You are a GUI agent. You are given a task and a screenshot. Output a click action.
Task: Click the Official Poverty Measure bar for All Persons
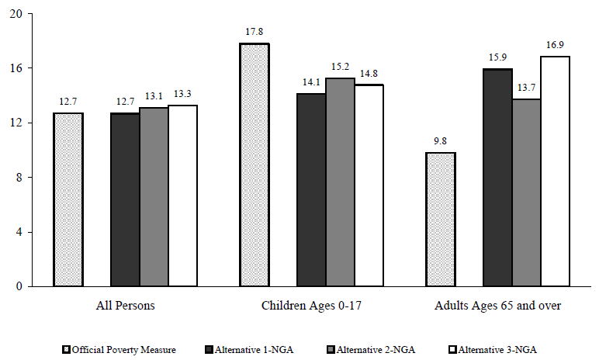pyautogui.click(x=68, y=199)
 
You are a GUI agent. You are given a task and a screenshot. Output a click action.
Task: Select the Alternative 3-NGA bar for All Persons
pyautogui.click(x=183, y=196)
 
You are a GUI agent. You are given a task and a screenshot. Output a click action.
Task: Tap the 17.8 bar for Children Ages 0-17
pyautogui.click(x=254, y=164)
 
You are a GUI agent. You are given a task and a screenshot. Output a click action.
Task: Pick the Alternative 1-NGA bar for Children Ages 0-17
pyautogui.click(x=311, y=190)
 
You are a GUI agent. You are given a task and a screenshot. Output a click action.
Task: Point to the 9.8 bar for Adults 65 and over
pyautogui.click(x=441, y=220)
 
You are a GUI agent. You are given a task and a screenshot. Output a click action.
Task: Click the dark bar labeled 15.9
pyautogui.click(x=498, y=178)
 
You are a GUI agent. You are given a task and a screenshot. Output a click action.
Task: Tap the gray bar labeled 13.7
pyautogui.click(x=527, y=192)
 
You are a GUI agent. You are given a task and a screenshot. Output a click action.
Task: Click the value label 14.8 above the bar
pyautogui.click(x=369, y=74)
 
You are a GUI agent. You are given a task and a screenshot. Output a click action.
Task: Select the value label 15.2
pyautogui.click(x=341, y=69)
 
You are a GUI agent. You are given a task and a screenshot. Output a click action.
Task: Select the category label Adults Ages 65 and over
pyautogui.click(x=497, y=306)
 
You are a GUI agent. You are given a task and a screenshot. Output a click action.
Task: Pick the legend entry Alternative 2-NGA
pyautogui.click(x=365, y=349)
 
